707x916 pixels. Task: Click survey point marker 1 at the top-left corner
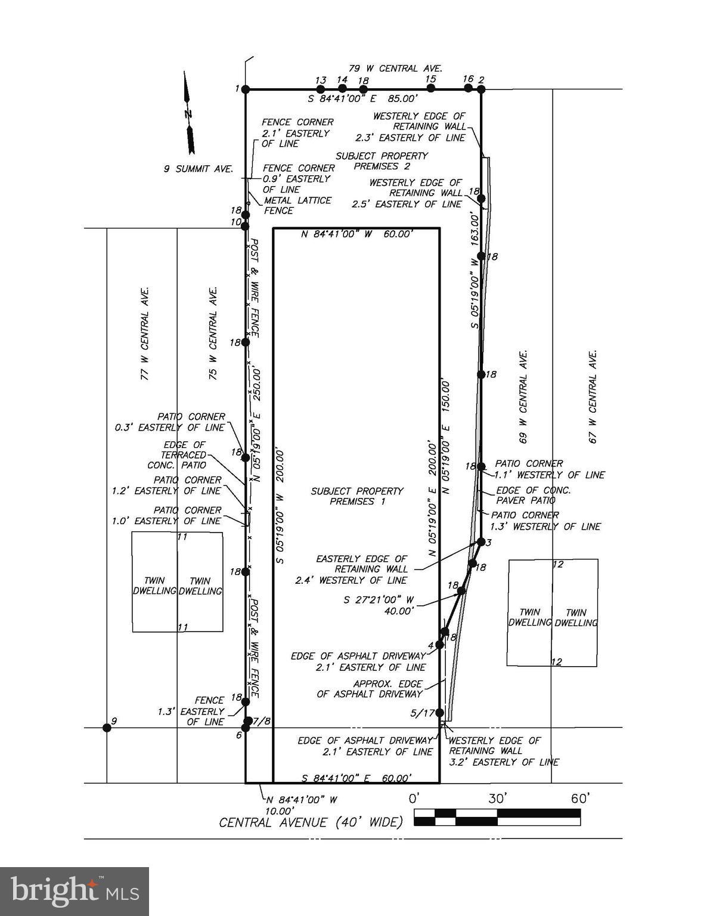point(245,89)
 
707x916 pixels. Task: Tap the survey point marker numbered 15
point(431,88)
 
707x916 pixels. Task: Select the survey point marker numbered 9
point(107,727)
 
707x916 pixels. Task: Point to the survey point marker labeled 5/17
point(440,713)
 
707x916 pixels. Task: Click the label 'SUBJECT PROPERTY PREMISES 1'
point(357,496)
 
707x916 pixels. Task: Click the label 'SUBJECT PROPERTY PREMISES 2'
point(382,161)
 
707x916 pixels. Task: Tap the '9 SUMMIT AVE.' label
point(199,169)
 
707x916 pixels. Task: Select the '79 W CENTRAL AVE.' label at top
point(395,69)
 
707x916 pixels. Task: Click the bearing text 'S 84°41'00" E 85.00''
point(362,99)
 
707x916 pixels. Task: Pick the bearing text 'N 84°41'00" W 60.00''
point(356,234)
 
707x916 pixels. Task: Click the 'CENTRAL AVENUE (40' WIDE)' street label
point(311,823)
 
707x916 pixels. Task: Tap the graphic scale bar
point(497,817)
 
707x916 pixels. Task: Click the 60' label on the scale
point(579,799)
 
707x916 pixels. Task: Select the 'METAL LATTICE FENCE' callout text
point(297,205)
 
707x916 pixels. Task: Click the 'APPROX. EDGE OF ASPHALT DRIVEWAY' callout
point(370,689)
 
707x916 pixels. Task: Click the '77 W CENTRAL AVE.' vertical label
point(144,333)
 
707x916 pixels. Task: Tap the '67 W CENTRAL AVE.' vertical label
point(593,396)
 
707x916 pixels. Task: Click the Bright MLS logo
point(75,892)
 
